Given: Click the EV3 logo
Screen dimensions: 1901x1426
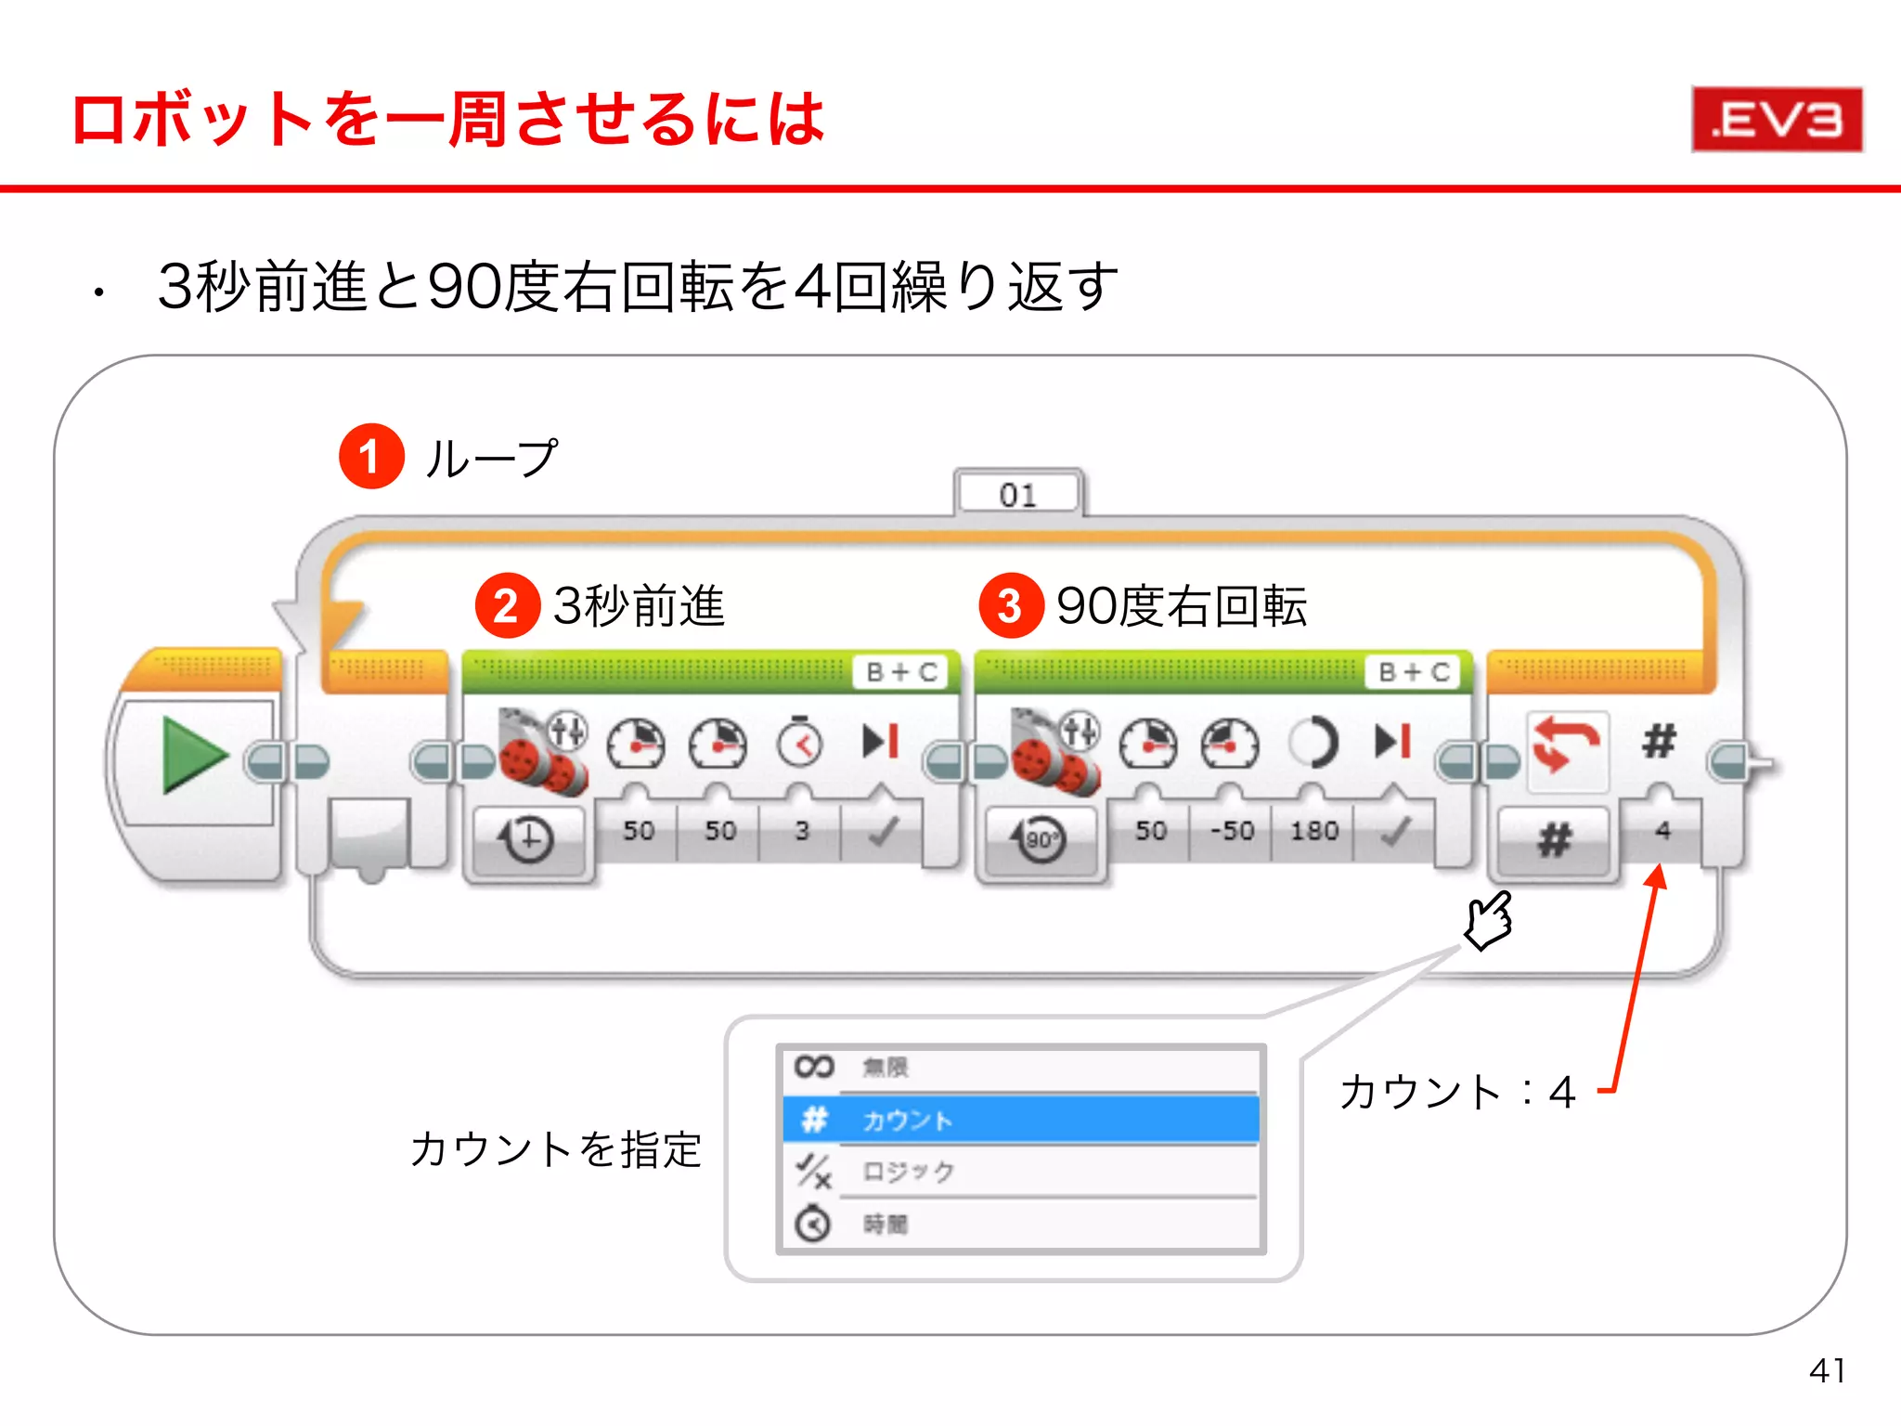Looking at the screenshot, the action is point(1777,120).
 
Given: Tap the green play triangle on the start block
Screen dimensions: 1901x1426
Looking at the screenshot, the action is point(192,755).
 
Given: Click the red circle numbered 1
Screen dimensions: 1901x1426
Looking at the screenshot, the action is point(371,457).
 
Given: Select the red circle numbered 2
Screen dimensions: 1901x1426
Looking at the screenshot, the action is point(507,606).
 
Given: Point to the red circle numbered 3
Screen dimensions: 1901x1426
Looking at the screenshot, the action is point(1011,606).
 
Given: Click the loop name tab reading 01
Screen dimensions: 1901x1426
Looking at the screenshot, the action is point(1018,494).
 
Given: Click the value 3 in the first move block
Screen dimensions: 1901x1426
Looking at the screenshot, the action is point(802,830).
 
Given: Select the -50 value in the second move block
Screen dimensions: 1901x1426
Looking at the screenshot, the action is point(1232,830).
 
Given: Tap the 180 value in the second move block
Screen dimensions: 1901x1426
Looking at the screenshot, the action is point(1313,830).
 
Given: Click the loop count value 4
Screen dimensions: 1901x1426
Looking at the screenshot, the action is point(1662,830).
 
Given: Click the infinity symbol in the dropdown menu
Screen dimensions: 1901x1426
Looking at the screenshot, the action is point(813,1067).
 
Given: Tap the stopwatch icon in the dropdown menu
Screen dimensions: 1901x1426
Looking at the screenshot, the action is point(813,1225).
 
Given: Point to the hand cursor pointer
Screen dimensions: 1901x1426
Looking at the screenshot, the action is point(1489,920).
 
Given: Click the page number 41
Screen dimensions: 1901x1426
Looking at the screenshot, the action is point(1827,1370).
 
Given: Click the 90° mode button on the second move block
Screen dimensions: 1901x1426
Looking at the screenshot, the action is point(1041,840).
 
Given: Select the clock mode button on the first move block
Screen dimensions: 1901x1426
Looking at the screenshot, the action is point(528,840).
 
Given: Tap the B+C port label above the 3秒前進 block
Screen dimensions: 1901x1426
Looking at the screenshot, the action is point(901,672).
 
